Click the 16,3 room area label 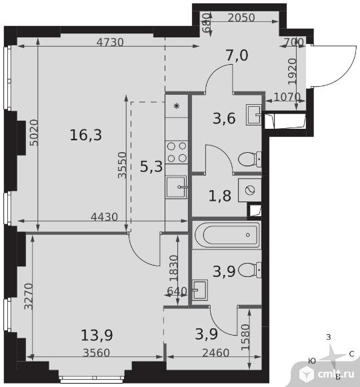point(86,135)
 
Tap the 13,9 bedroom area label point(97,335)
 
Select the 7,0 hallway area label point(237,55)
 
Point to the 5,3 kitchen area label point(151,166)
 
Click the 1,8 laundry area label point(220,196)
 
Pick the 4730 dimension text point(110,43)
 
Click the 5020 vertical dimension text point(34,133)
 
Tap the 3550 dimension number point(122,165)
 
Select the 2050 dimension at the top point(241,18)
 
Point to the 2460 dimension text point(216,353)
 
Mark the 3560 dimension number point(97,353)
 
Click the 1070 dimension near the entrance point(287,97)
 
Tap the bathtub point(227,235)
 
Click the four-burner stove point(177,152)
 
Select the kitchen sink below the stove point(177,187)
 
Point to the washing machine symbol point(250,190)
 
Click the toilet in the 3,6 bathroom point(250,159)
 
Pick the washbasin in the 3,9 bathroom point(200,290)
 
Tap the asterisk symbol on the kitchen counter point(177,106)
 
